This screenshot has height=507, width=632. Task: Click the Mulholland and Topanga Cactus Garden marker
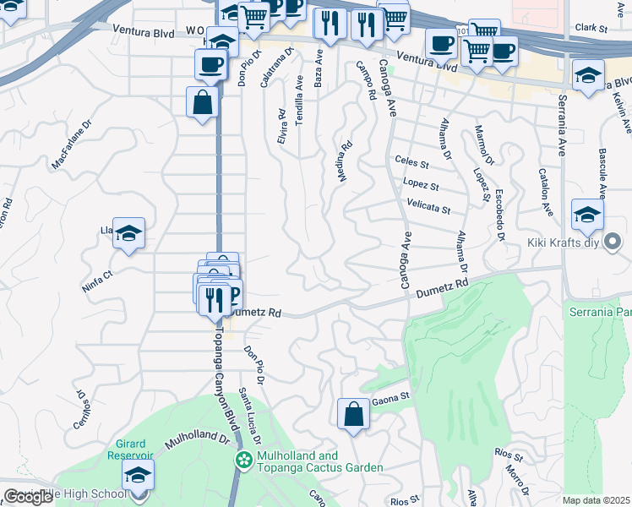tap(244, 461)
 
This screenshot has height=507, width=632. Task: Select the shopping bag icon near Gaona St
tap(353, 414)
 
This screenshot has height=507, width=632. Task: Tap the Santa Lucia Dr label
tap(248, 416)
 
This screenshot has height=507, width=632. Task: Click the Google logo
tap(28, 497)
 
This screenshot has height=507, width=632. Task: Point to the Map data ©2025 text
tap(597, 500)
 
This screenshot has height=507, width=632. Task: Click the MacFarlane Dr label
tap(71, 149)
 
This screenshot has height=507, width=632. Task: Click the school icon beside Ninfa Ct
tap(128, 233)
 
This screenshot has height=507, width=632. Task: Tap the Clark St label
tap(591, 28)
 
